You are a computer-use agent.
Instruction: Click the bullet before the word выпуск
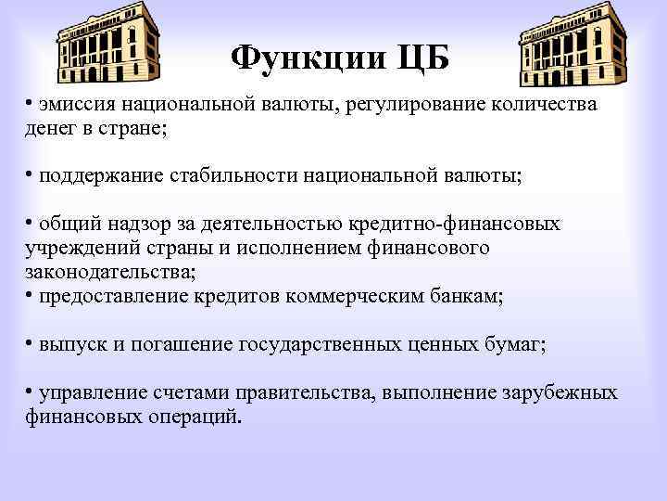point(30,344)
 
